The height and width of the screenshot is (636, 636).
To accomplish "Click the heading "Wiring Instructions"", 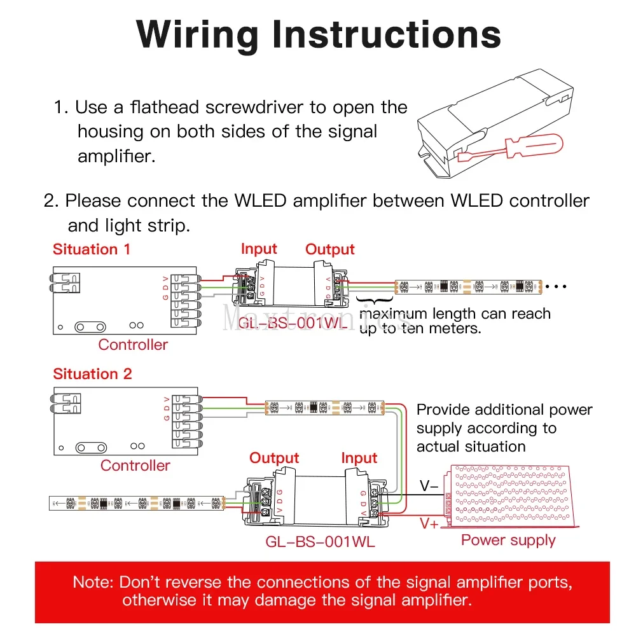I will (318, 34).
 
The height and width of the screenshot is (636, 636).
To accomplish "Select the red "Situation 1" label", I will (92, 249).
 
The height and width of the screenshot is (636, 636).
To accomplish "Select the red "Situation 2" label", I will (92, 374).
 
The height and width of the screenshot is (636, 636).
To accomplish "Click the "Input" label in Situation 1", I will (259, 249).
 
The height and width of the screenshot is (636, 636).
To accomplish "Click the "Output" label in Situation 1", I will (330, 250).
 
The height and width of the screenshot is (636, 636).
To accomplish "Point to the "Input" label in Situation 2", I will (359, 458).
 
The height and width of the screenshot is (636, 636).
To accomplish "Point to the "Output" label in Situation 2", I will (274, 458).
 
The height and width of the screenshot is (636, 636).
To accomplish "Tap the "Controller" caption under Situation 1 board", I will (133, 345).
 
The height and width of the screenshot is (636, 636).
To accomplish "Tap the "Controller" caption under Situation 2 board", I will (135, 466).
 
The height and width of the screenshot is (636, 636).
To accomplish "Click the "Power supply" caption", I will (508, 541).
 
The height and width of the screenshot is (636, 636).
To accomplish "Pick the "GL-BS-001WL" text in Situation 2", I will (320, 542).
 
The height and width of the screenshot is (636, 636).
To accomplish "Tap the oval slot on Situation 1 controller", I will (90, 326).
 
